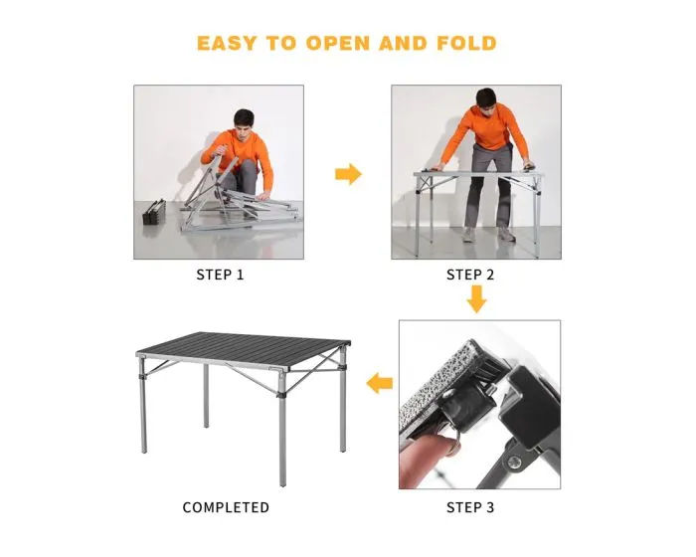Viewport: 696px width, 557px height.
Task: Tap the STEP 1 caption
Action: click(219, 275)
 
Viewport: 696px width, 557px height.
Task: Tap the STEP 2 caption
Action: click(469, 275)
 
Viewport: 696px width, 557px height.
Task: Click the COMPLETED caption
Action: click(226, 507)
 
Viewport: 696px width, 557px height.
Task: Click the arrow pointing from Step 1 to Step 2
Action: click(348, 175)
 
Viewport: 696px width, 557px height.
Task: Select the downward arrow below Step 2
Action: click(477, 298)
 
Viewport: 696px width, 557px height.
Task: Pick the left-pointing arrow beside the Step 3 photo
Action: click(380, 383)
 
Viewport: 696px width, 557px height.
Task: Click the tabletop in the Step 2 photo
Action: click(477, 175)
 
